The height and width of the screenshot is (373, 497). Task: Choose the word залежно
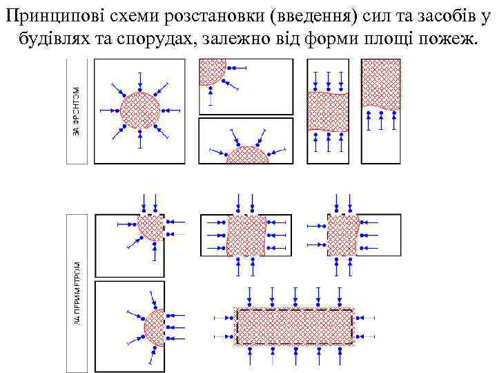235,36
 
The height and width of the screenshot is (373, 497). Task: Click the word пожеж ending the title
451,36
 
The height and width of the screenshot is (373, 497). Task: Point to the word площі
391,36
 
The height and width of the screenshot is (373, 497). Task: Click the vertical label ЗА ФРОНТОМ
77,111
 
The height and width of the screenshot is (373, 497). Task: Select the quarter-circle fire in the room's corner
211,70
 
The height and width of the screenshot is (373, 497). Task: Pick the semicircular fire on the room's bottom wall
247,155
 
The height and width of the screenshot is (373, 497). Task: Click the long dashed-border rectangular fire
295,327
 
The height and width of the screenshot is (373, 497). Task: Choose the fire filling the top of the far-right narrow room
381,83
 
